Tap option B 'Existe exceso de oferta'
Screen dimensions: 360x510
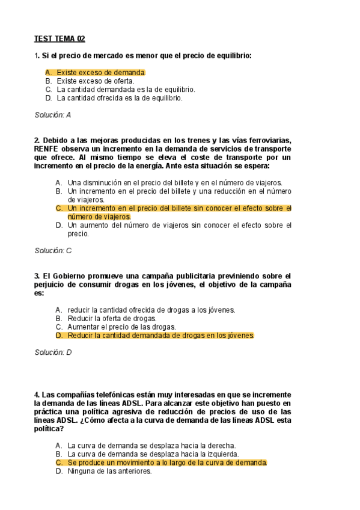[x=96, y=81]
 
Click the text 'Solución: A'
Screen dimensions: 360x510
[x=53, y=114]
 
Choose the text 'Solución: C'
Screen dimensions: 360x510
[x=53, y=250]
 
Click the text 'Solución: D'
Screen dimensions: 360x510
[x=53, y=352]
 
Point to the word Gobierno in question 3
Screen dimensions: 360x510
[x=71, y=275]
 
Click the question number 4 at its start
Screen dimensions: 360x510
[x=37, y=386]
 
